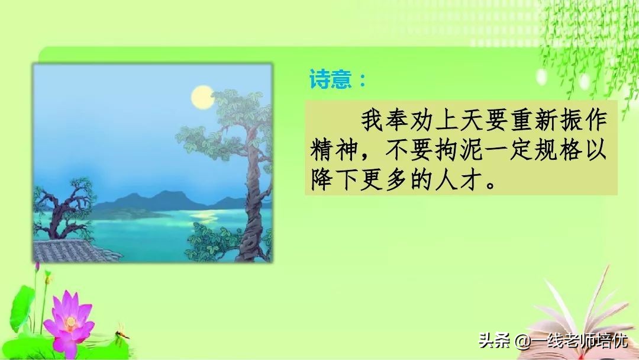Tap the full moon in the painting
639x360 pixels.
point(202,97)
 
